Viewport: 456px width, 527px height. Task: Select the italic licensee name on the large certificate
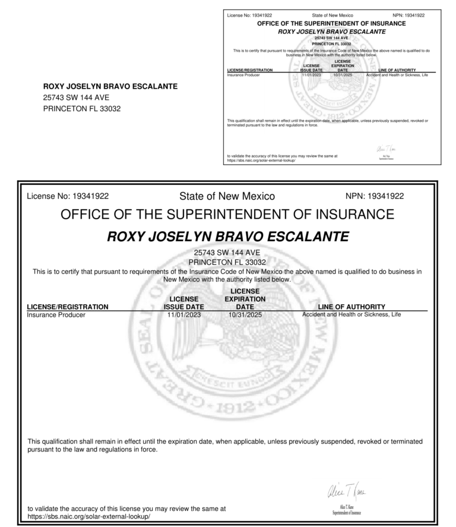(x=227, y=237)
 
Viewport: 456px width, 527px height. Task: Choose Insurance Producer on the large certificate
(x=56, y=315)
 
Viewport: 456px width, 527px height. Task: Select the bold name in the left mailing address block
(x=110, y=87)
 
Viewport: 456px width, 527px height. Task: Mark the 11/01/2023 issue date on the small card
(x=311, y=75)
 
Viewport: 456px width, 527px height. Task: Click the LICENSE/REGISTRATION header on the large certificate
(x=68, y=307)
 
